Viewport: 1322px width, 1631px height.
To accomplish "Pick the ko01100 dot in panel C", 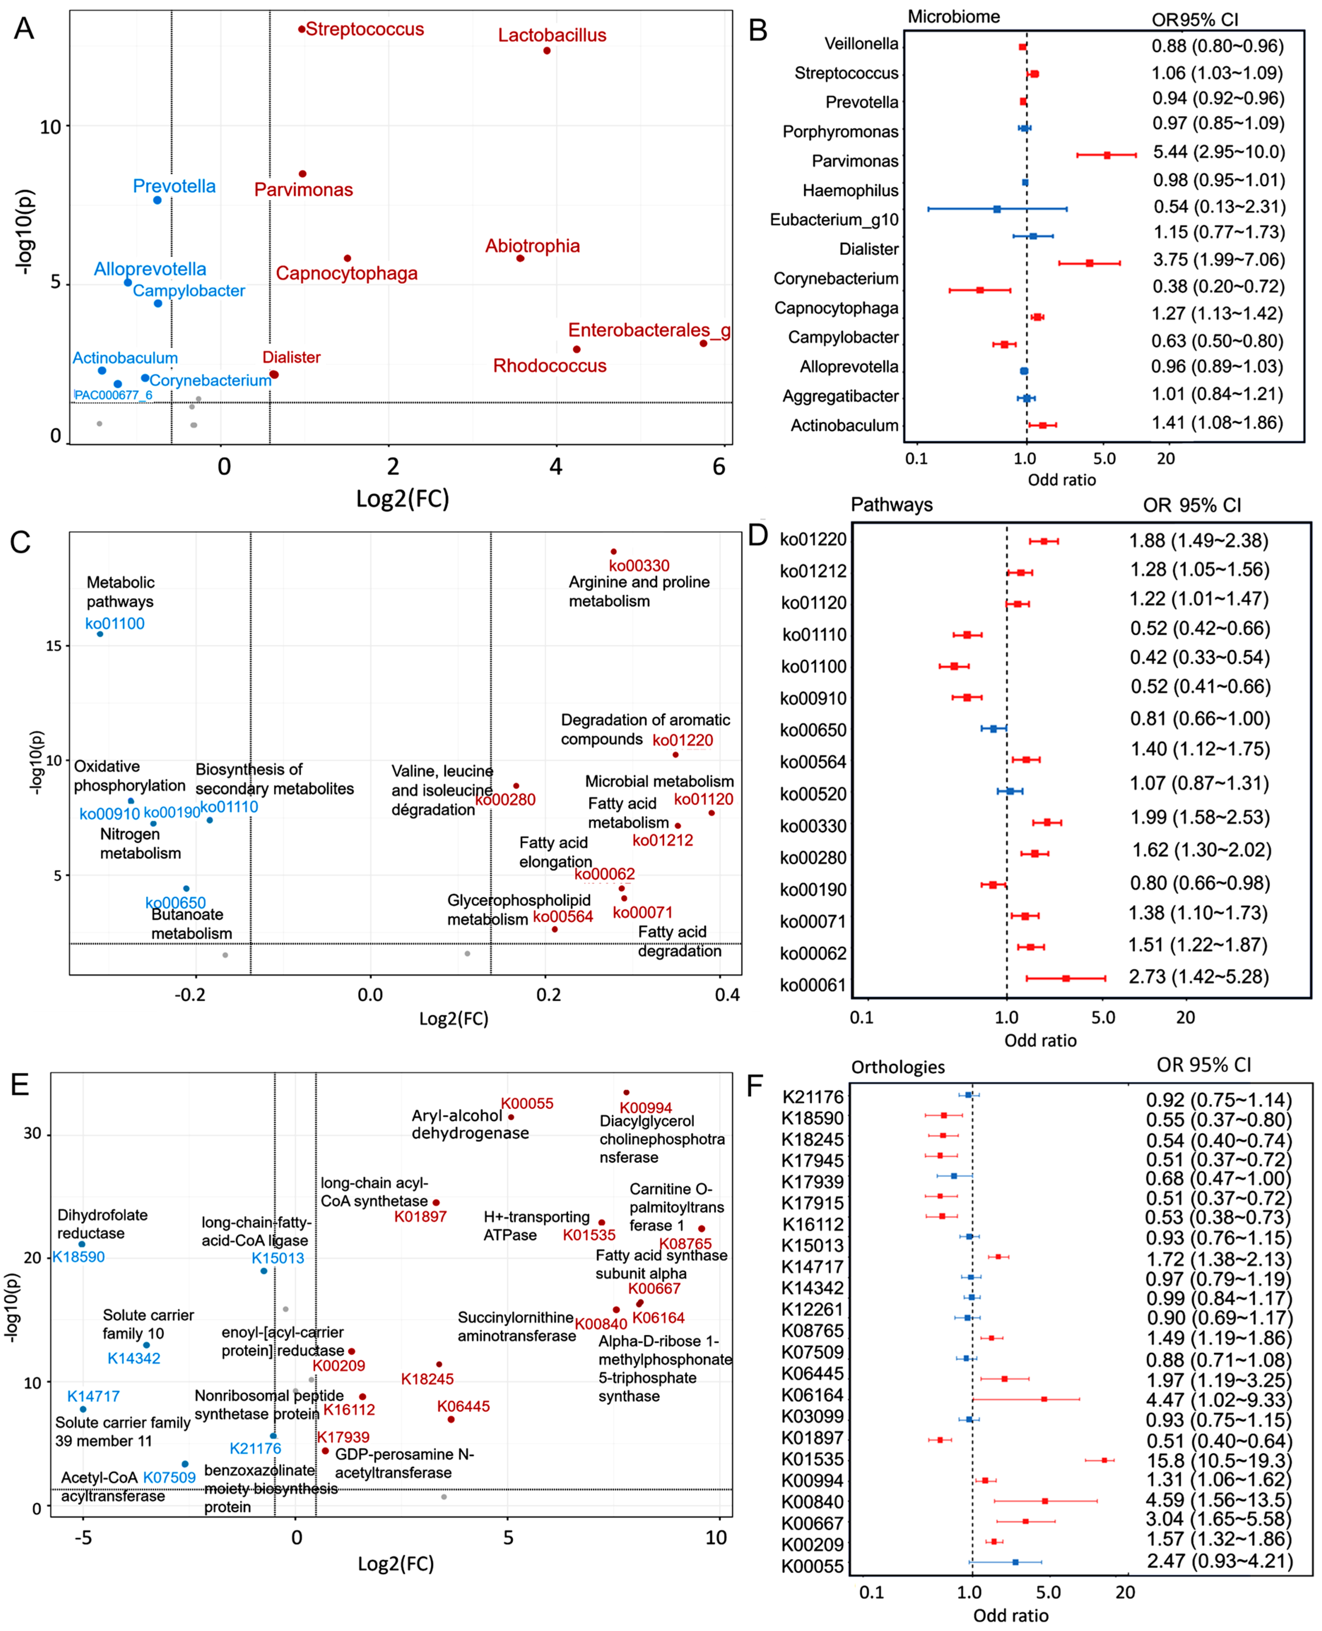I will [100, 634].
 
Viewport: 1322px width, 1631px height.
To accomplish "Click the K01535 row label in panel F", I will [813, 1460].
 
